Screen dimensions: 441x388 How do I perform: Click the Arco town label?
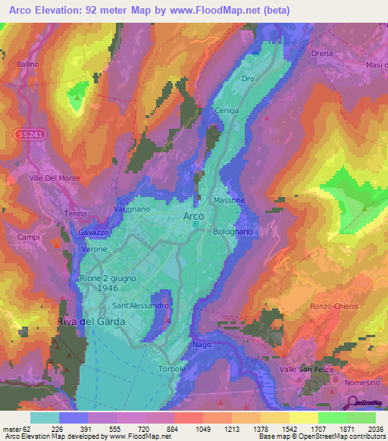click(194, 216)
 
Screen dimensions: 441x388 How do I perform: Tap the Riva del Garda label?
click(91, 321)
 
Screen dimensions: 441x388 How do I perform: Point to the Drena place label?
click(322, 54)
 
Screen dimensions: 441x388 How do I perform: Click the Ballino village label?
click(28, 64)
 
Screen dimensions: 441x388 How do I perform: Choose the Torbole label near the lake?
click(171, 369)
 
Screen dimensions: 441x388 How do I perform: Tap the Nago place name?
click(202, 344)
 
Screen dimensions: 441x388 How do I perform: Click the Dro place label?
click(247, 79)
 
